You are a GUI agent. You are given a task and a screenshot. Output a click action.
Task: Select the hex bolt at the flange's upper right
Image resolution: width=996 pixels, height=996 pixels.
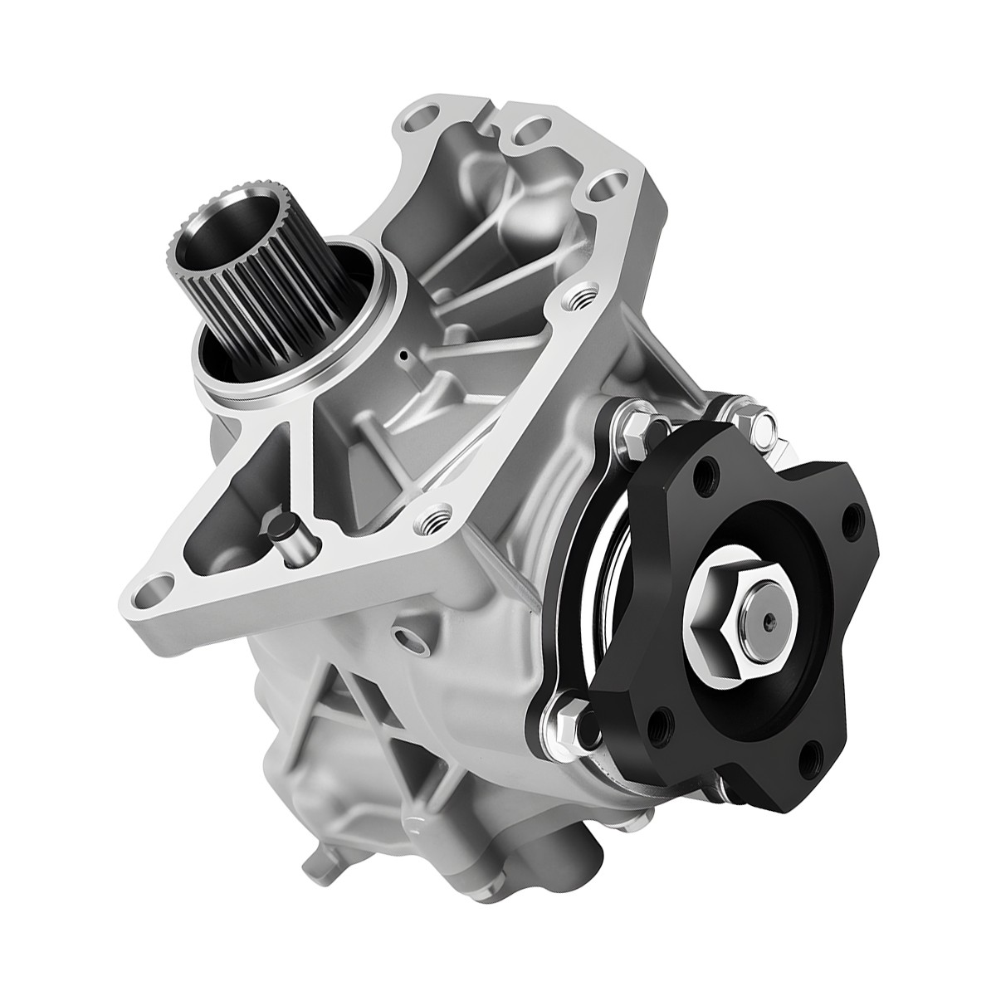click(x=765, y=425)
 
